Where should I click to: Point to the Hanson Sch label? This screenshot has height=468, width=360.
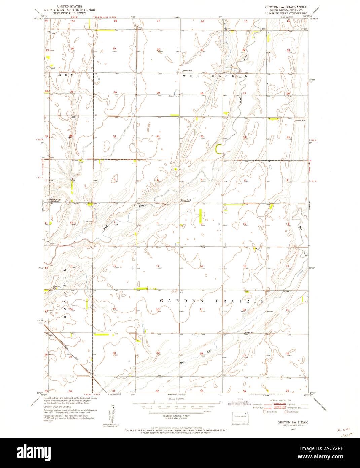click(x=186, y=71)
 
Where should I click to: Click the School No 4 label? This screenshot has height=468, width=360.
click(x=186, y=200)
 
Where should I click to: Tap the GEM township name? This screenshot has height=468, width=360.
click(x=62, y=76)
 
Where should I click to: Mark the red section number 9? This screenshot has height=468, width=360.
click(x=201, y=223)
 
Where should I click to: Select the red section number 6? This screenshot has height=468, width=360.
click(x=115, y=180)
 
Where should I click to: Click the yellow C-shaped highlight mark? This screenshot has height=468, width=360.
click(x=219, y=148)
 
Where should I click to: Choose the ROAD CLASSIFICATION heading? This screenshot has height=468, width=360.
click(x=279, y=400)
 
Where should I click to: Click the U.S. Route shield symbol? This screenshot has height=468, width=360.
click(x=265, y=411)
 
